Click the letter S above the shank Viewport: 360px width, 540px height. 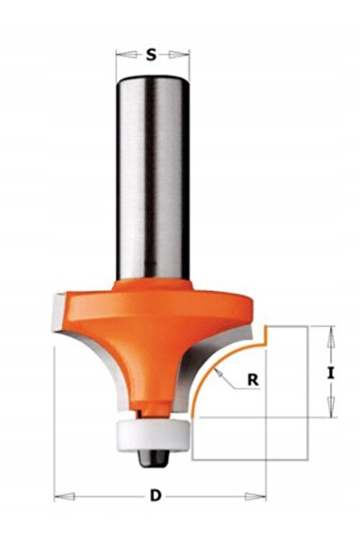tap(151, 55)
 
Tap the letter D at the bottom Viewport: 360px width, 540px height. tap(155, 496)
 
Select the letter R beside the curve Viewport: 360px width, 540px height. tap(253, 380)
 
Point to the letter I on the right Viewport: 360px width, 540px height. tap(330, 373)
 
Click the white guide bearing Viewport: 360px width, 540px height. tap(154, 435)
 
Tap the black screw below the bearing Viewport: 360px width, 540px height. tap(154, 457)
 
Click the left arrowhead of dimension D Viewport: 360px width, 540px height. tap(65, 496)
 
